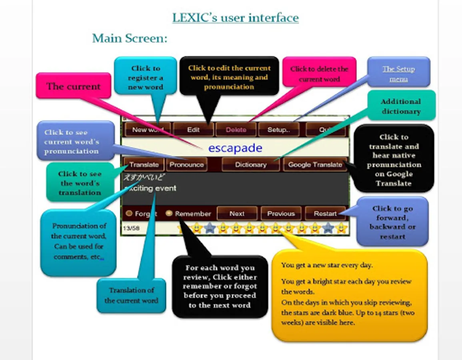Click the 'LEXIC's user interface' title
click(x=235, y=18)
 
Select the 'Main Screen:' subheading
click(x=129, y=38)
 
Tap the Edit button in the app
click(x=193, y=130)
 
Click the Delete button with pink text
click(x=236, y=130)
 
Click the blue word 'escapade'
click(x=235, y=148)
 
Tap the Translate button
click(x=144, y=164)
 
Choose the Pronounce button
click(x=186, y=164)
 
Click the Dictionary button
click(x=251, y=164)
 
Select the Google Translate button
click(x=315, y=164)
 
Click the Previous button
click(x=281, y=214)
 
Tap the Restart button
click(x=325, y=214)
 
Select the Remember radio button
click(x=169, y=214)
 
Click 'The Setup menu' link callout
click(x=398, y=74)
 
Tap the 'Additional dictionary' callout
click(x=401, y=106)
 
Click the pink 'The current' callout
click(x=73, y=86)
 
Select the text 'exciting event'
click(x=150, y=188)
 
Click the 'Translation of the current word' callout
click(x=131, y=295)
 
